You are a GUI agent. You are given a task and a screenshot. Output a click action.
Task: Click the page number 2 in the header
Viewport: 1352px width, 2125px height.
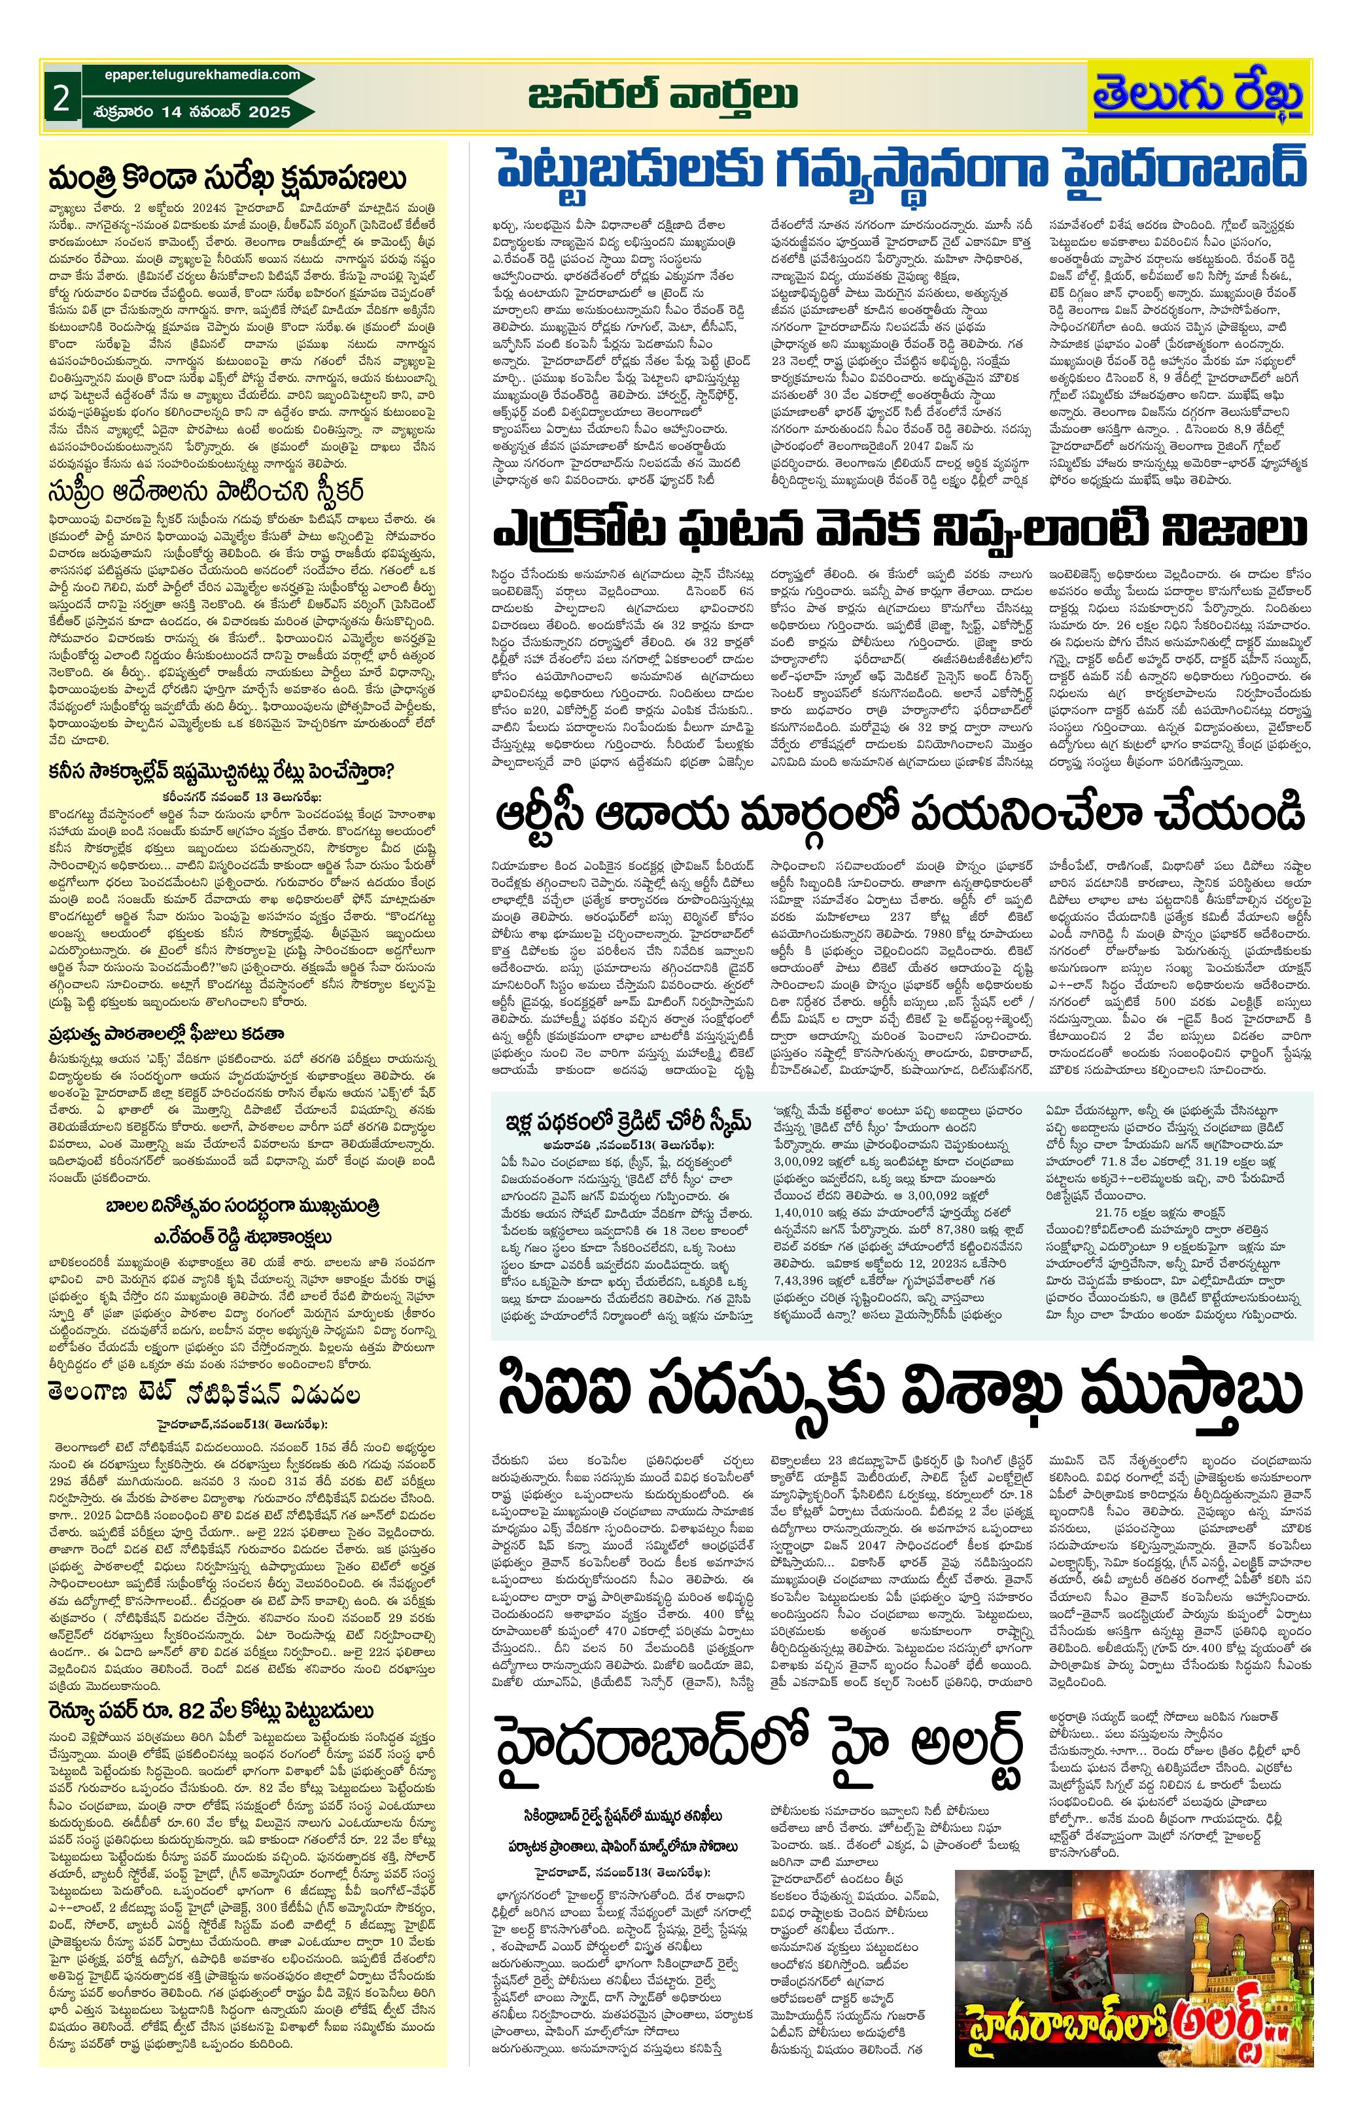61,98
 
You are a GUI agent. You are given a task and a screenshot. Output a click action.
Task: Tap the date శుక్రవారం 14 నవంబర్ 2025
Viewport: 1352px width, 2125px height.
190,112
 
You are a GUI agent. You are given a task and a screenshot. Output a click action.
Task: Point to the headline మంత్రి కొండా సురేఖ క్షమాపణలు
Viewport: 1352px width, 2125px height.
228,179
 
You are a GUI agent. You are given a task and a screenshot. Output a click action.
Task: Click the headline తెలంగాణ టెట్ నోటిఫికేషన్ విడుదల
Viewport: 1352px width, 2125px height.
205,1395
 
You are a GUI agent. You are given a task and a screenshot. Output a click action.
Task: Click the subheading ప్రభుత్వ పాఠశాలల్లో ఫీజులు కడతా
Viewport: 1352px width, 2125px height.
166,1033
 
